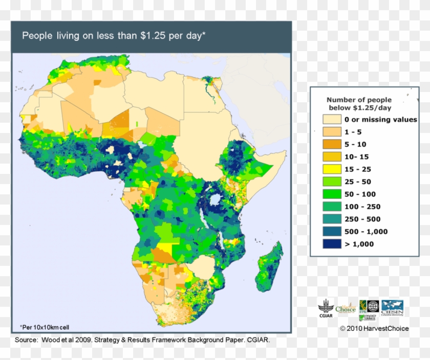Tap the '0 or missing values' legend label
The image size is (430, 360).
[380, 120]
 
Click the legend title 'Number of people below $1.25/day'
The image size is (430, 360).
[359, 104]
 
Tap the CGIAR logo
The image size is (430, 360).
[325, 309]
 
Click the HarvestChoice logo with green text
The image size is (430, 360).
[346, 307]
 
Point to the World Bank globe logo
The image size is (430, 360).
[373, 306]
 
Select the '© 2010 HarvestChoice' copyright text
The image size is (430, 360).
[374, 328]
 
